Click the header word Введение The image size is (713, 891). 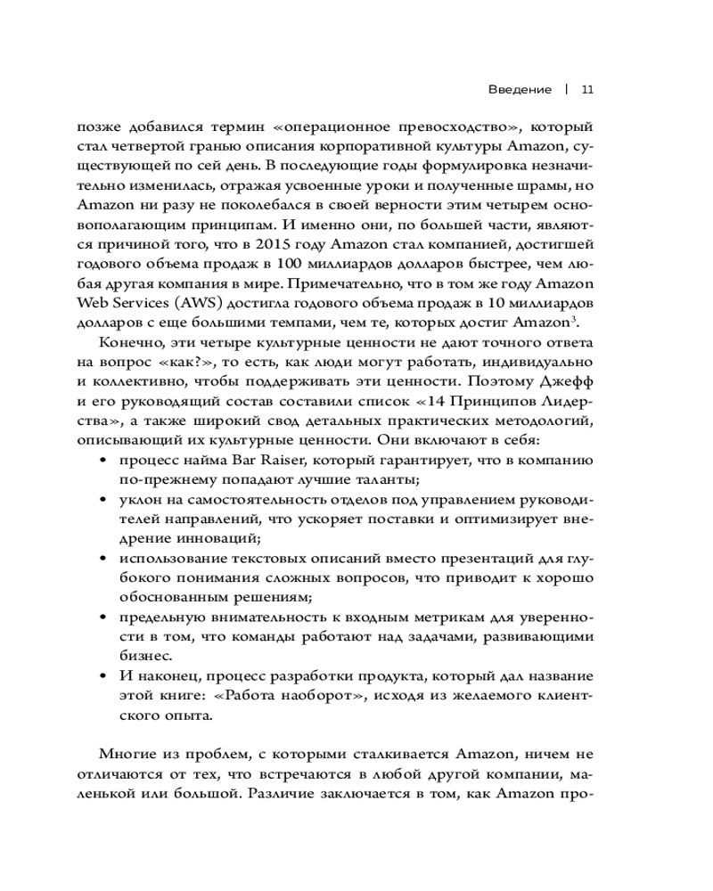point(521,89)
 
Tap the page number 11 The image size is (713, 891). point(588,89)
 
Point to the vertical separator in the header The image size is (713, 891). point(567,89)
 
